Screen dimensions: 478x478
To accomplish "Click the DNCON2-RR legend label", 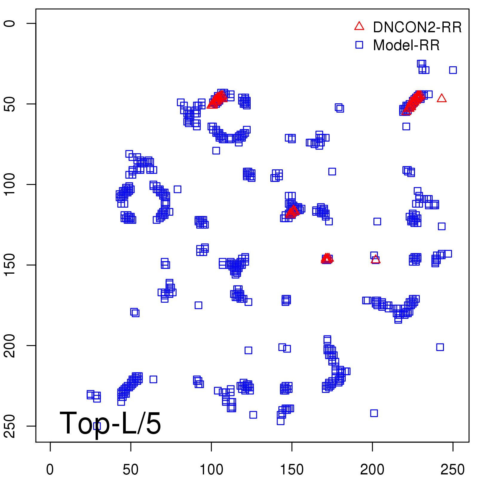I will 417,27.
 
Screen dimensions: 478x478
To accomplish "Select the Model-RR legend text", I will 406,45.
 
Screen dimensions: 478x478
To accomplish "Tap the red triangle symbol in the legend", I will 359,26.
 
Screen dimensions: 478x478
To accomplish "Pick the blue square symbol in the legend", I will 359,45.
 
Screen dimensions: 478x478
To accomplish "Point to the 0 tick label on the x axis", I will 50,470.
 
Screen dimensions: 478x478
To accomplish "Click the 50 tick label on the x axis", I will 131,470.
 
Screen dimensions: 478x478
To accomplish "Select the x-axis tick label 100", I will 211,470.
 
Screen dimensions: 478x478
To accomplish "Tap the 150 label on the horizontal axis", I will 292,470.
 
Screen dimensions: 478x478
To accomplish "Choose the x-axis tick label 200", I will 372,470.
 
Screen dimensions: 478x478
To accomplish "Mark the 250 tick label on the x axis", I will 453,470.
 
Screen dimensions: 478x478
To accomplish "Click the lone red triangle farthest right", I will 442,98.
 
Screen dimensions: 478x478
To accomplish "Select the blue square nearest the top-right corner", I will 453,70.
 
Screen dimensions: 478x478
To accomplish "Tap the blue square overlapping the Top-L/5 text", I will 97,426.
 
